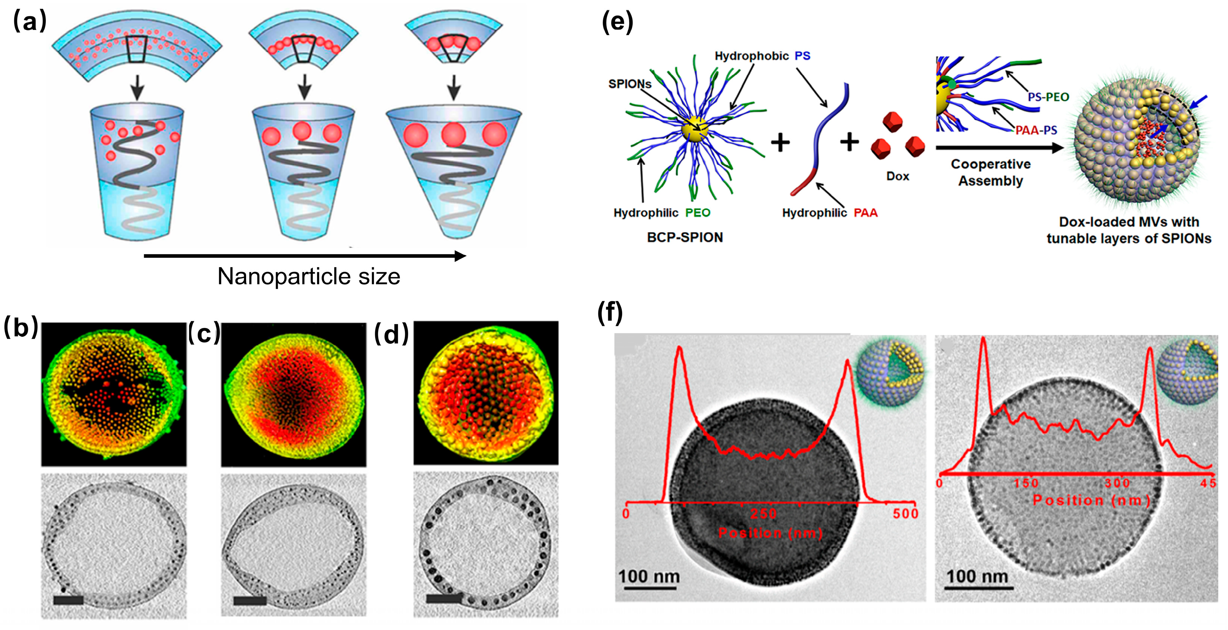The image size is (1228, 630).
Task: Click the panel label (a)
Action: point(30,22)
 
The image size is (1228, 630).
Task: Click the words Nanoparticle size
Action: point(308,276)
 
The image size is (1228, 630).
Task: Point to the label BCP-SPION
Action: point(685,237)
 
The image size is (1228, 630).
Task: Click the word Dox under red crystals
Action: point(897,176)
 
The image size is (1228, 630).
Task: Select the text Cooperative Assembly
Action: point(991,172)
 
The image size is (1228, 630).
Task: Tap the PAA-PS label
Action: point(1036,130)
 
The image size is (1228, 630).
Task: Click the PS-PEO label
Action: point(1048,97)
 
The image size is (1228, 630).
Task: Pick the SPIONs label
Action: point(629,84)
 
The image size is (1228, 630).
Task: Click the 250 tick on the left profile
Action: point(763,514)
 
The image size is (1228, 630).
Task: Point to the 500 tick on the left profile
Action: point(905,513)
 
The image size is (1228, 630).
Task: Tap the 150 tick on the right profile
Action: point(1026,483)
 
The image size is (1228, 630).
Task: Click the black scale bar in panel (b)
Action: point(68,600)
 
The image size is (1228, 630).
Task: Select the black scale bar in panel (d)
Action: point(443,598)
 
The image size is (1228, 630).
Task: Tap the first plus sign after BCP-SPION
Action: point(780,142)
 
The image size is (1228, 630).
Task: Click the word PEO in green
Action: point(697,212)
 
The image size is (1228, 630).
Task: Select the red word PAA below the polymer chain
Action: point(865,212)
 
